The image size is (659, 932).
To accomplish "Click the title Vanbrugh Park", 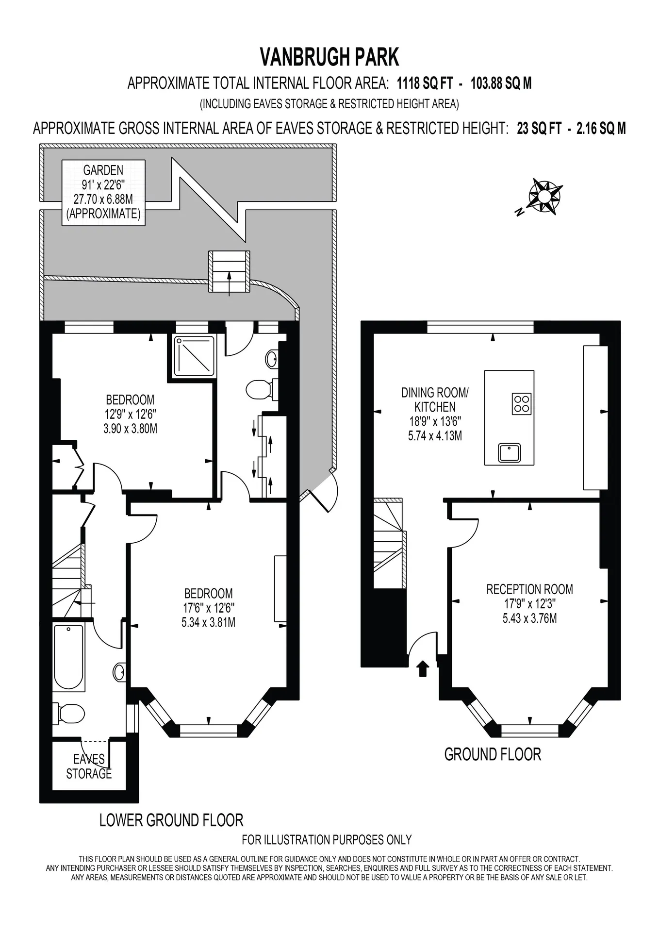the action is pos(329,57).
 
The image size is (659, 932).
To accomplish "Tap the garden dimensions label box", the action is pos(103,192).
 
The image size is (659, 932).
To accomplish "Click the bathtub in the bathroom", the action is pos(68,657).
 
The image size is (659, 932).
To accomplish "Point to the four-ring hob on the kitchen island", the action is pos(522,403).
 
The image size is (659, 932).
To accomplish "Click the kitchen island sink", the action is pos(509,452).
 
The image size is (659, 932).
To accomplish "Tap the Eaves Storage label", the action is pos(89,766).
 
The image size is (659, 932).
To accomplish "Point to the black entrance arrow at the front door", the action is pos(423,668).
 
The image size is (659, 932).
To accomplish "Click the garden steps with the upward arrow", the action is pos(229,271).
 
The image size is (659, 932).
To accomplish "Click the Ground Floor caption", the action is pos(493,754).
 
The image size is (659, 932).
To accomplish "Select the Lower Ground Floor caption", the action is pos(171,820).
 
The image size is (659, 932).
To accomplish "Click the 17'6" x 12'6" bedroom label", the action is pos(208,608).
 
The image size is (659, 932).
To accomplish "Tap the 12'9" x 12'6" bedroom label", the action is pos(130,414).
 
